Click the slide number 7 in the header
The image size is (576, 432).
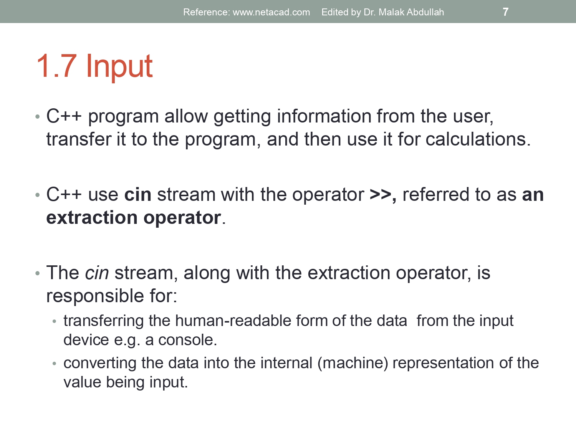(x=505, y=12)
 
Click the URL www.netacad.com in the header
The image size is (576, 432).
(x=271, y=12)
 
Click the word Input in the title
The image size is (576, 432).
(x=119, y=66)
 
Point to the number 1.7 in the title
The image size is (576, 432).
(x=56, y=66)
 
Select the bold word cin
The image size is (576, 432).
(x=137, y=195)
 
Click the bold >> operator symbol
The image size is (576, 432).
(x=380, y=195)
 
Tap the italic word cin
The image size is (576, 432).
(x=97, y=273)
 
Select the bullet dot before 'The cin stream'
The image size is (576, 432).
(x=38, y=273)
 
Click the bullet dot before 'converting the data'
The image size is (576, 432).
(x=55, y=363)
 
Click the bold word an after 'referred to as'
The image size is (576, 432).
(x=533, y=195)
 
